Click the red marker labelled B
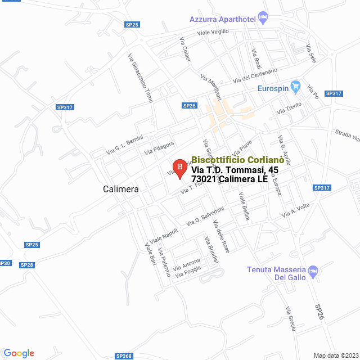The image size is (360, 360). click(179, 167)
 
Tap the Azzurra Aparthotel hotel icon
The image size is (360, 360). click(262, 17)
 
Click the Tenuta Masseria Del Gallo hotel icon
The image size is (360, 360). click(314, 270)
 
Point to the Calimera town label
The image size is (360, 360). click(121, 189)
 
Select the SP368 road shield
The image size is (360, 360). click(124, 356)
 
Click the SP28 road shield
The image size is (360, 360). click(26, 264)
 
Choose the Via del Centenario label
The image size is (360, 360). click(255, 75)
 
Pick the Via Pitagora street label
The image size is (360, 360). click(159, 148)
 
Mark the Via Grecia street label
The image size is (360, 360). click(290, 319)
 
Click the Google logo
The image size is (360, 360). click(19, 353)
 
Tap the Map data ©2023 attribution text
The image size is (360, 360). click(335, 355)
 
